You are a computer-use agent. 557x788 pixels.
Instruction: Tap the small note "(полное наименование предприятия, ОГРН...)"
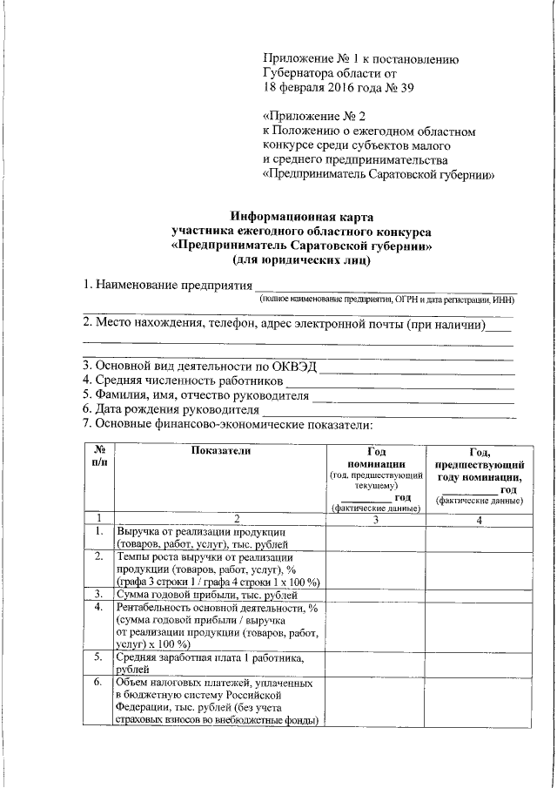[x=387, y=300]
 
